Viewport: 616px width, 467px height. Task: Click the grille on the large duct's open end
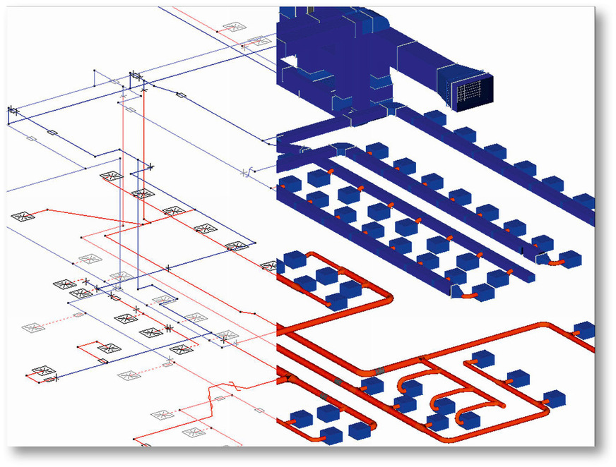pos(471,92)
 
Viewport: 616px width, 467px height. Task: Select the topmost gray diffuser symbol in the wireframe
pos(232,28)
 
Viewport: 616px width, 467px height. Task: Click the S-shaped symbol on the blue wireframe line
pos(248,171)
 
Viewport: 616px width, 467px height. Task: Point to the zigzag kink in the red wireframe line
pos(213,395)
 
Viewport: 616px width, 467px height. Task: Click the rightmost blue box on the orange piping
pos(584,329)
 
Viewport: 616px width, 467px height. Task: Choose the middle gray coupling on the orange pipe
pos(338,382)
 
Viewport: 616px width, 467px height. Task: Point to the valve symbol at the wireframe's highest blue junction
pos(135,77)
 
